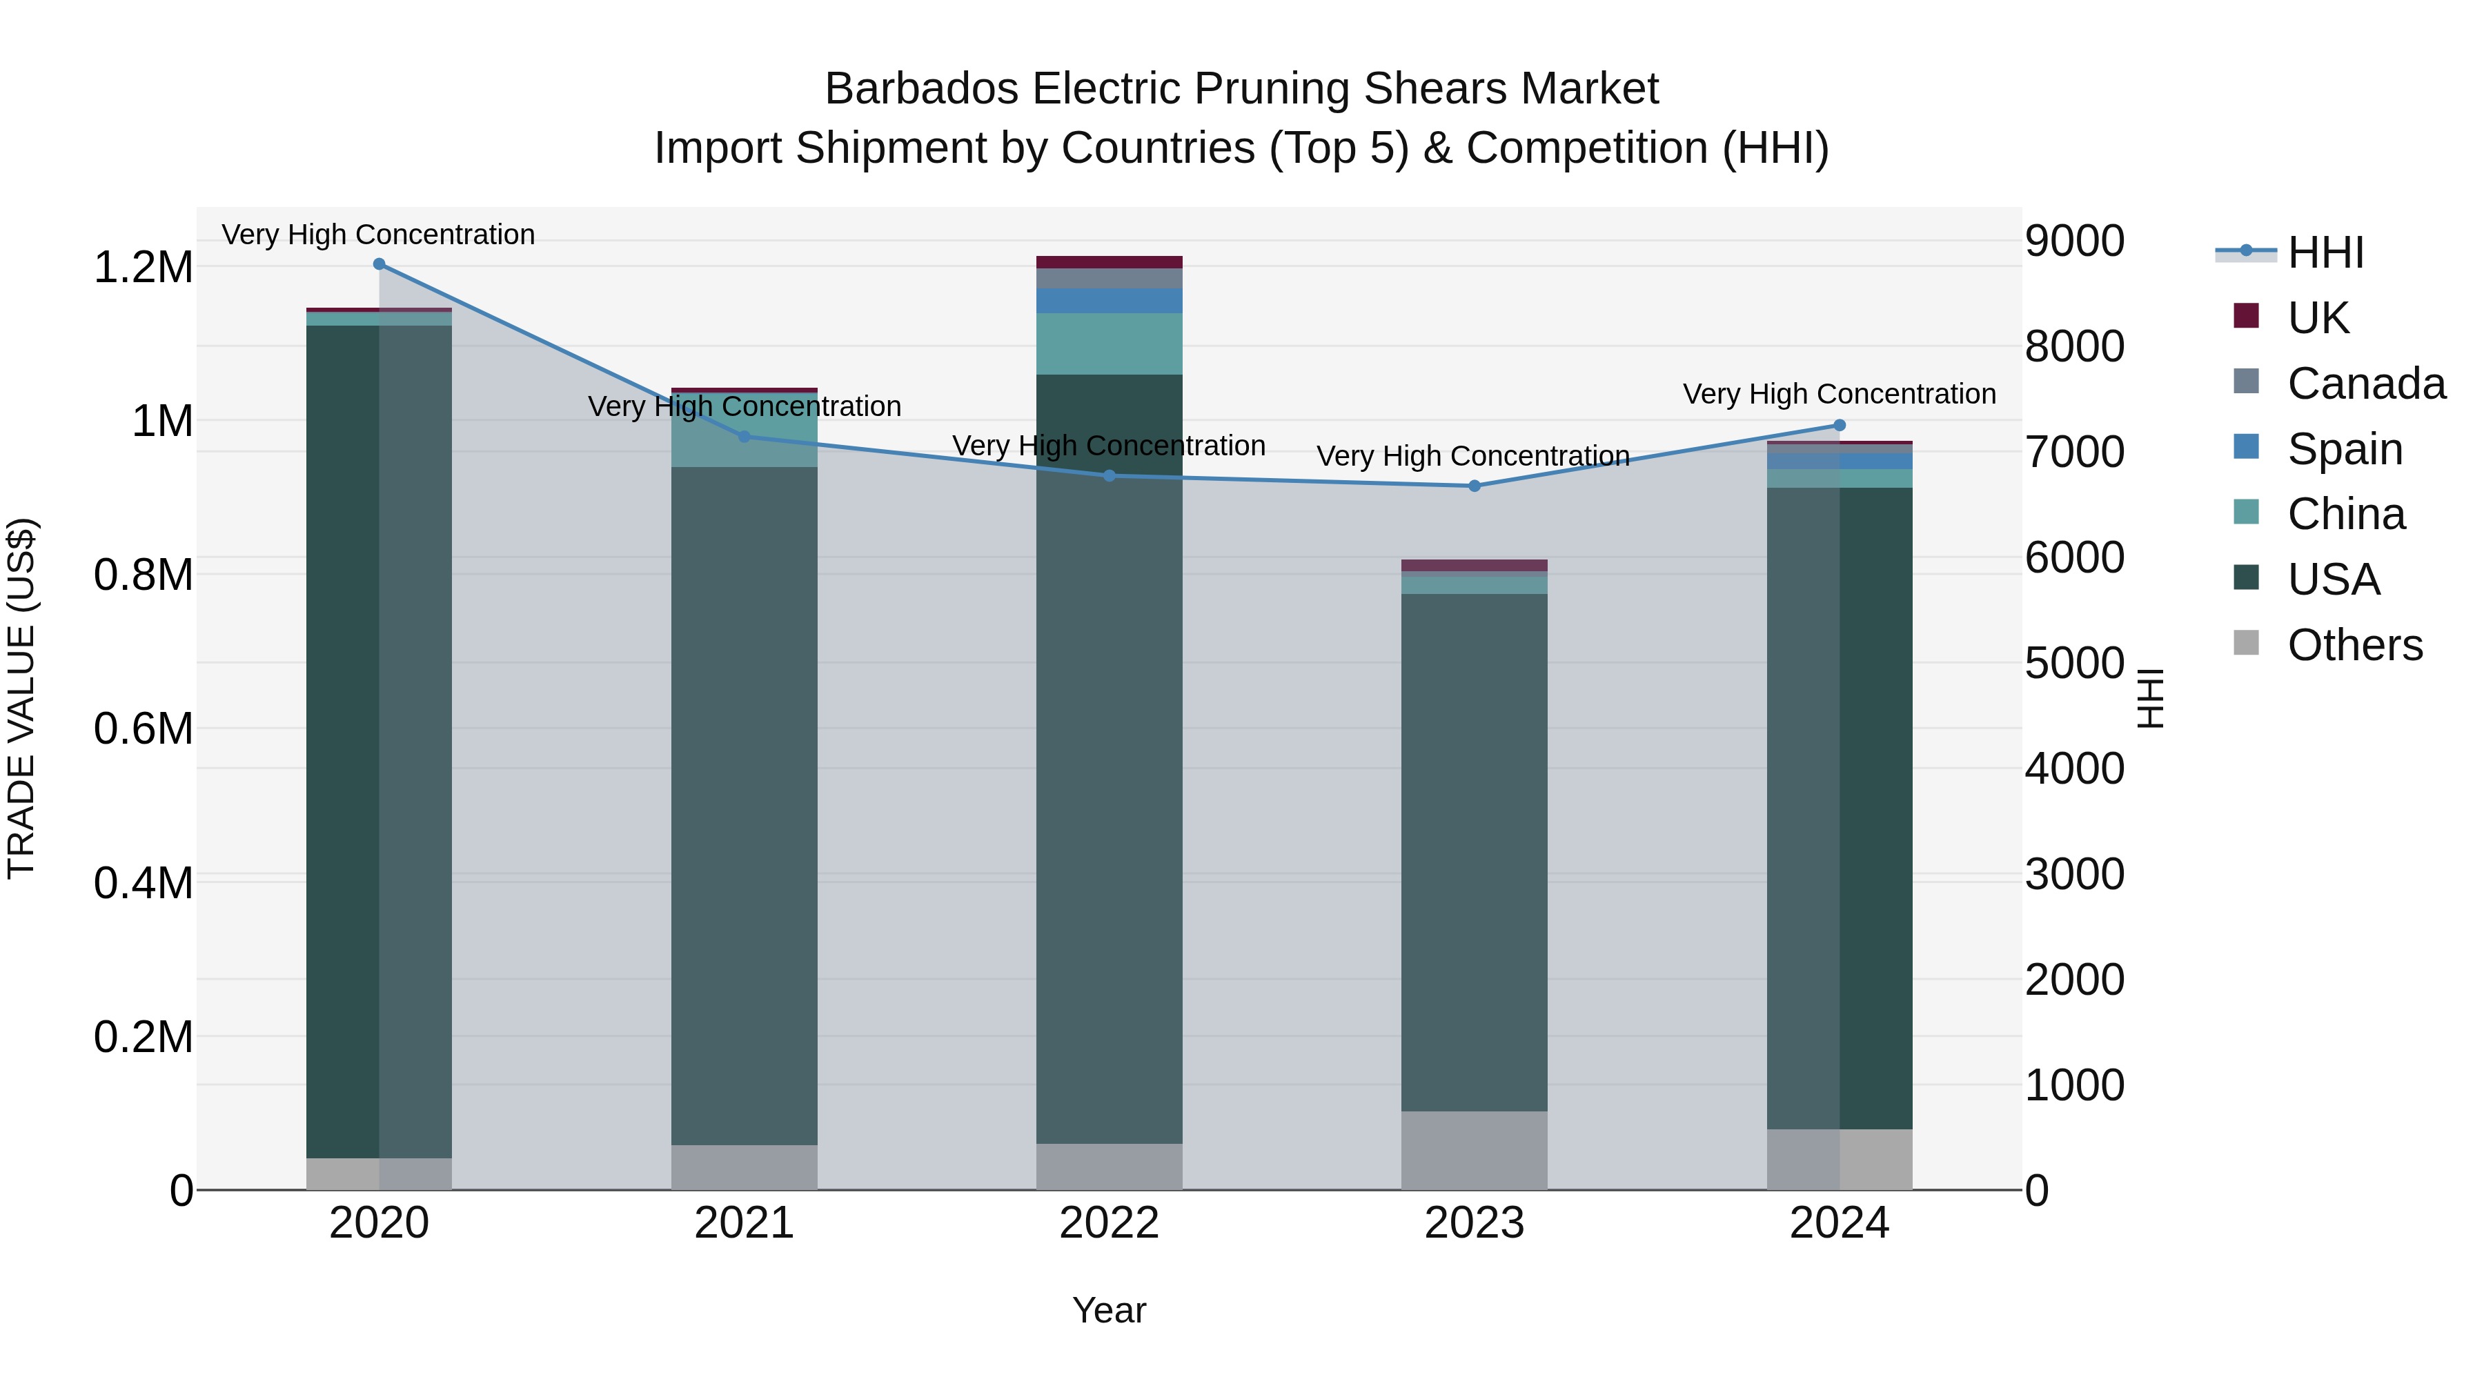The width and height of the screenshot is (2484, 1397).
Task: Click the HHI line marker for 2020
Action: click(x=379, y=264)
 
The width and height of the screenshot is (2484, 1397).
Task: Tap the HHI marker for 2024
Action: click(x=1839, y=425)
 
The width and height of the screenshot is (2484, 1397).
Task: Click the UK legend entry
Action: click(x=2318, y=318)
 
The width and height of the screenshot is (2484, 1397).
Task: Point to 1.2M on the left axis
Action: click(x=143, y=268)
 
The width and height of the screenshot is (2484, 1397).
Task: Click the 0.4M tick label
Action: click(x=143, y=883)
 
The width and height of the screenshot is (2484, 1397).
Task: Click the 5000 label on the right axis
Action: click(x=2074, y=663)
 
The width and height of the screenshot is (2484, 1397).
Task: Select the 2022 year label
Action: click(x=1109, y=1223)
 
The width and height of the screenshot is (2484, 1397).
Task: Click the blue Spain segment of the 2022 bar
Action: click(x=1109, y=301)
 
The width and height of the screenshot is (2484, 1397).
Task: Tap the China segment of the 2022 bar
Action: click(x=1109, y=344)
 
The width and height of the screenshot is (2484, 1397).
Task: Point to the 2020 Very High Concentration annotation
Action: click(x=378, y=235)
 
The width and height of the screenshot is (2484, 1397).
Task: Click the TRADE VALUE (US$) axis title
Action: click(x=21, y=698)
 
